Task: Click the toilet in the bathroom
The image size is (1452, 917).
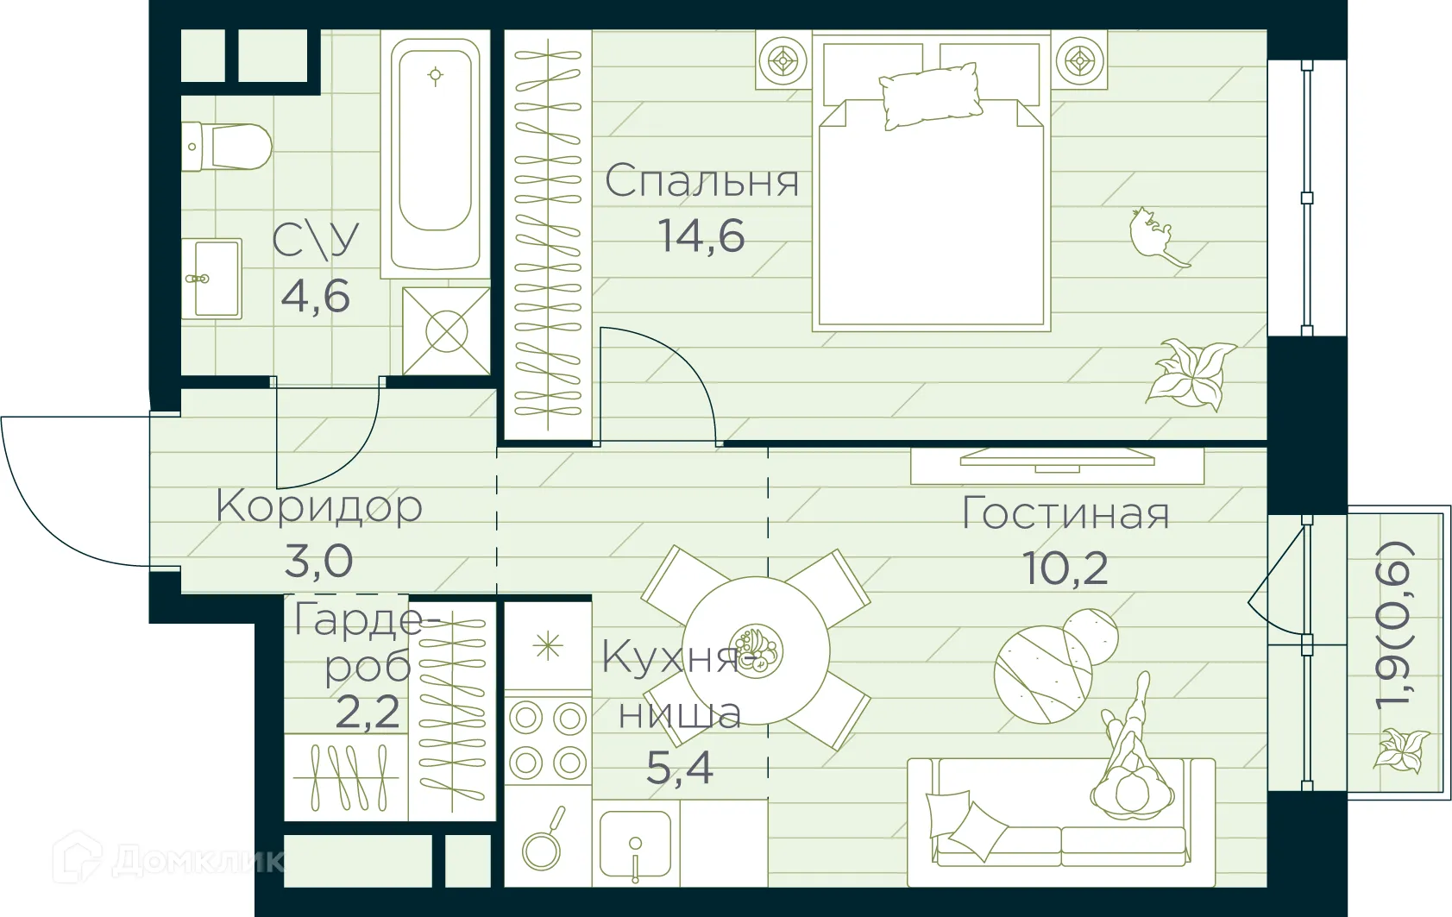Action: [x=229, y=147]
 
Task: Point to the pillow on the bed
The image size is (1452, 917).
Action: [x=930, y=95]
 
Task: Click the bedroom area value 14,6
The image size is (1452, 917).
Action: [x=701, y=236]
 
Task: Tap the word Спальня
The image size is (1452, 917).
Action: [x=701, y=182]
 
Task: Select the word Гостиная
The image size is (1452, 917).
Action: [x=1065, y=514]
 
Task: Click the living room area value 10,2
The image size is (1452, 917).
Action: [x=1065, y=568]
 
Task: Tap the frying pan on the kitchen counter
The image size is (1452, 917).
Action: [x=544, y=841]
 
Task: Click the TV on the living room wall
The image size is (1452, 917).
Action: [x=1057, y=459]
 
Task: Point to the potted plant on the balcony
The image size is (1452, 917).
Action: [x=1400, y=749]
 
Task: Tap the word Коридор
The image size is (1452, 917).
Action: [x=319, y=506]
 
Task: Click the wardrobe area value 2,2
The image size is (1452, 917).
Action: [x=368, y=713]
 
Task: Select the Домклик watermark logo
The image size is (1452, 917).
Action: [x=168, y=858]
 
